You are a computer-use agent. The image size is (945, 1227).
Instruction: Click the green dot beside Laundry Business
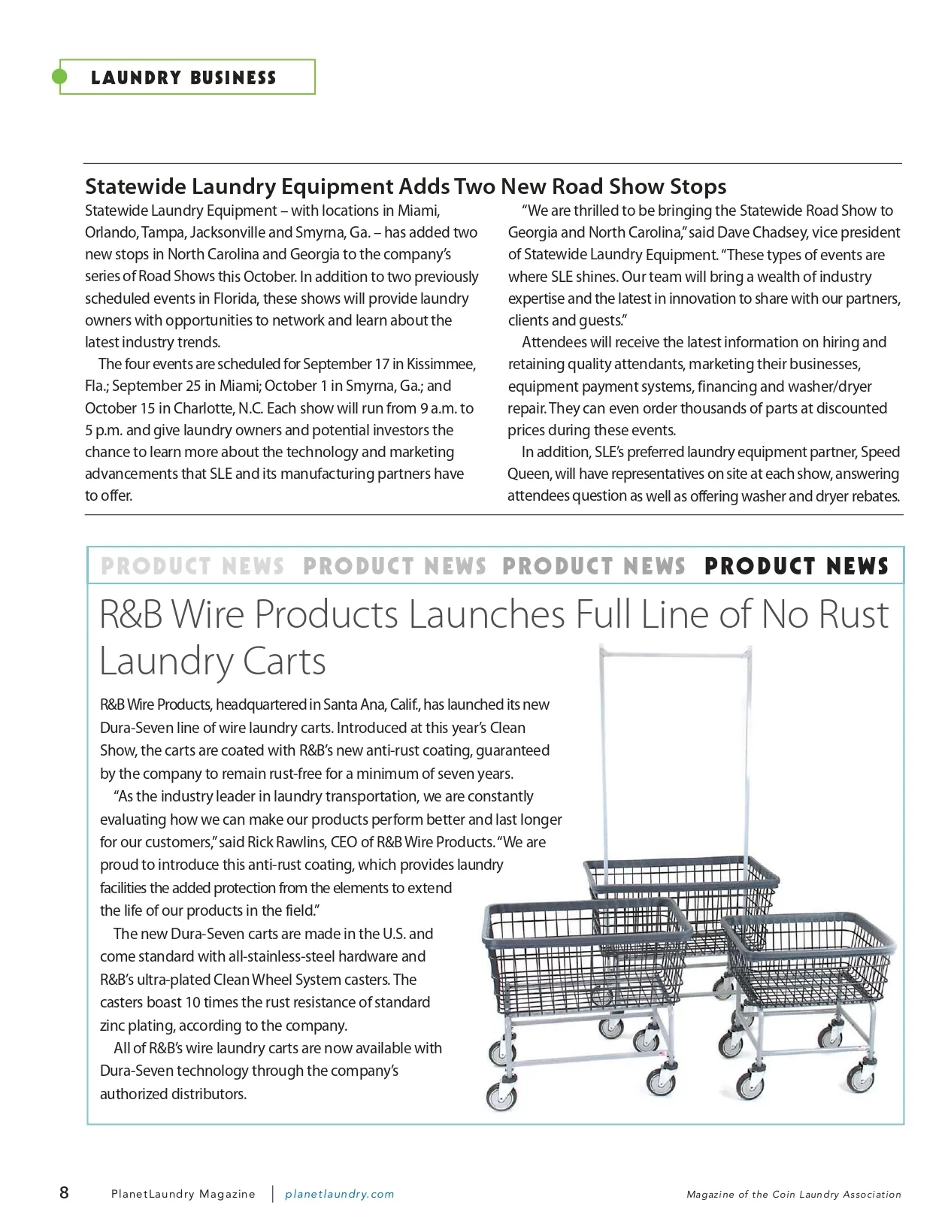coord(59,77)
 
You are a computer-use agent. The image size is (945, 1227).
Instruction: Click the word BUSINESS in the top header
coord(233,78)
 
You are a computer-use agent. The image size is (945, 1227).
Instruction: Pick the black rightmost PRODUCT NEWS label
coord(797,566)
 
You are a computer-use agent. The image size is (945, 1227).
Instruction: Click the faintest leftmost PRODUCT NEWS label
coord(192,566)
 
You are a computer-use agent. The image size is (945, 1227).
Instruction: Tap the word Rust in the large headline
coord(853,614)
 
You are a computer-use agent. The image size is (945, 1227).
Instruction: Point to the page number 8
coord(65,1192)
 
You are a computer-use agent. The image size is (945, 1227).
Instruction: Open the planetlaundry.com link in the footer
coord(340,1194)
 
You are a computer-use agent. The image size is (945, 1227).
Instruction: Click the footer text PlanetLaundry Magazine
coord(183,1194)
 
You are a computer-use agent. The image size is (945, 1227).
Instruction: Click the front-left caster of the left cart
coord(501,1097)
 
